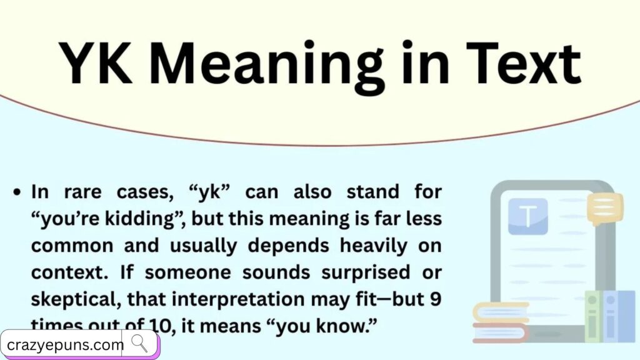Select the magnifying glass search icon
pos(139,343)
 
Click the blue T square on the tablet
pos(528,216)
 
